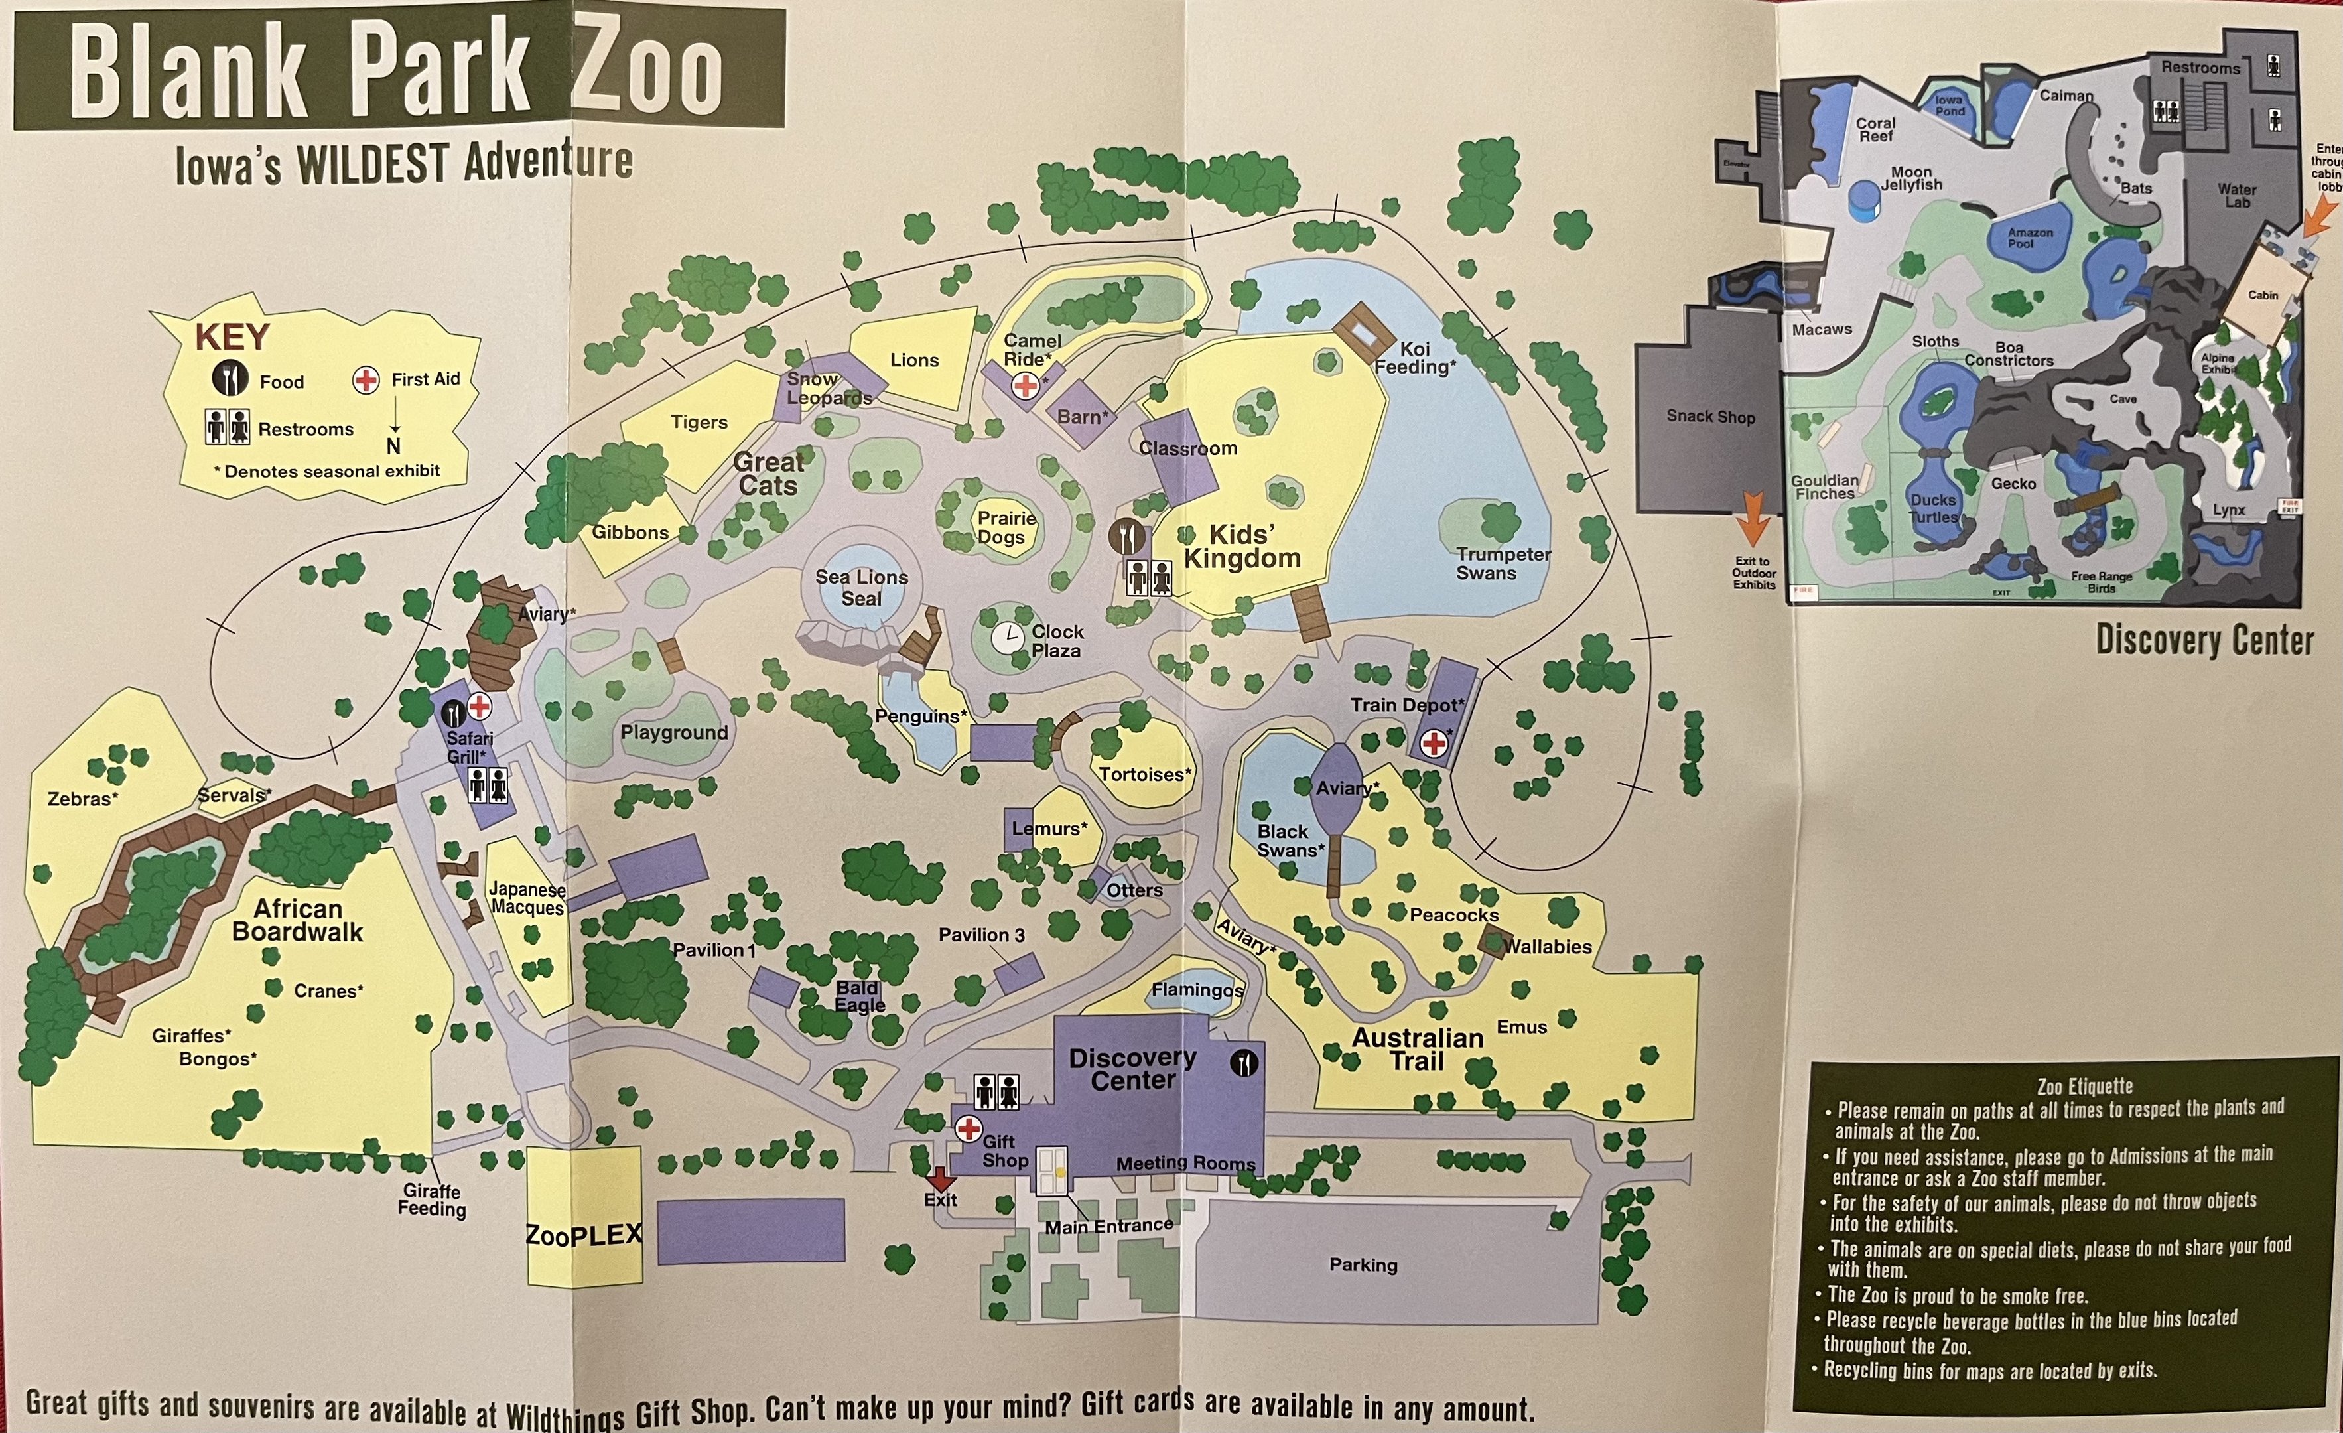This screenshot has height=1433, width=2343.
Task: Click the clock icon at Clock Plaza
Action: point(1006,637)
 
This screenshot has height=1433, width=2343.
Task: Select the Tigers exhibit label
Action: point(699,422)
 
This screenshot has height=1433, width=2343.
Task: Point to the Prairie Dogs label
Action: point(1006,527)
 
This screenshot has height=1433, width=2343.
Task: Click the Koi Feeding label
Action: point(1415,358)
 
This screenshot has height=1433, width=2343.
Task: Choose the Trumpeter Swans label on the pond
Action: point(1503,563)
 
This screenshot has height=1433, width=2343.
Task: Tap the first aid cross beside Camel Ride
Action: point(1025,385)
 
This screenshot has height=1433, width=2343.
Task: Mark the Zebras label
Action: point(83,799)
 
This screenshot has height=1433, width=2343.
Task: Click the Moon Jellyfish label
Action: point(1911,178)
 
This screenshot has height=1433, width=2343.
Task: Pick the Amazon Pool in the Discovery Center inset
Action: point(2029,238)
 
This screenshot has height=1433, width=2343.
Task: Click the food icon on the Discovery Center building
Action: point(1244,1063)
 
